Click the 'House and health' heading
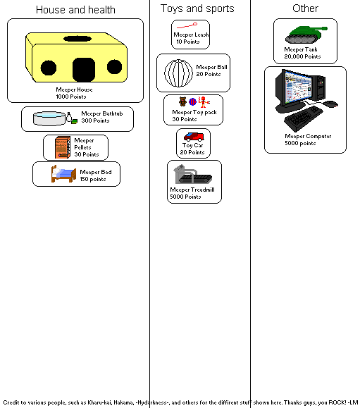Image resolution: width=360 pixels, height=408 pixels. (75, 10)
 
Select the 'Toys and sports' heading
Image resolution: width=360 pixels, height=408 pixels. (197, 8)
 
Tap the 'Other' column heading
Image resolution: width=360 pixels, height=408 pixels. (305, 8)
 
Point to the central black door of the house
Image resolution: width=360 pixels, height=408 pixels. (84, 68)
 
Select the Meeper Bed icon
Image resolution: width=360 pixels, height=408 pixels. (63, 173)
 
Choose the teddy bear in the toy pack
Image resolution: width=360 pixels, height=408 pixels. (182, 101)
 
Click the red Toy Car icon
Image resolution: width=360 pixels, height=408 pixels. (193, 137)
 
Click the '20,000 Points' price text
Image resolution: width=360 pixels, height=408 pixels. (302, 56)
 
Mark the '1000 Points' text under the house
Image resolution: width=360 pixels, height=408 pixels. (75, 96)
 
